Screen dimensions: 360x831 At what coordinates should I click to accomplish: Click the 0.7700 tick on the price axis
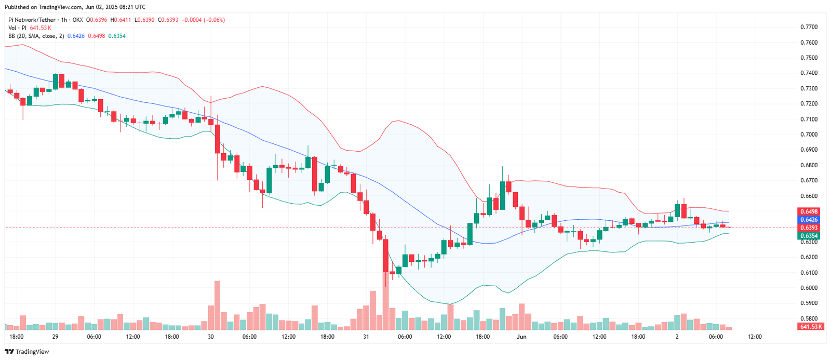(809, 27)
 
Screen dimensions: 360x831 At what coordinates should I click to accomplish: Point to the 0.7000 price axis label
(809, 135)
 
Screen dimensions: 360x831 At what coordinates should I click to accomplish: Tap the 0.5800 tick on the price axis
(809, 318)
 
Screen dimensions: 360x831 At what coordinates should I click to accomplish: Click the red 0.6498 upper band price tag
(809, 212)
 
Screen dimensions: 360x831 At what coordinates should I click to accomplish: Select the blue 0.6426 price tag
(809, 220)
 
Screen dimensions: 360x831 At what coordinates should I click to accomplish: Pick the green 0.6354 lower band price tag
(809, 236)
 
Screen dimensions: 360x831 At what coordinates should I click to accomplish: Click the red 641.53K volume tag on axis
(811, 327)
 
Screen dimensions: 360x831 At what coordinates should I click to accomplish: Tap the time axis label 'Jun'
(521, 337)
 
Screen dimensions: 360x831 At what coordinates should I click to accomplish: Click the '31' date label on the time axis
(366, 337)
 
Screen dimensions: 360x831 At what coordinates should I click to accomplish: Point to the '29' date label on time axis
(55, 337)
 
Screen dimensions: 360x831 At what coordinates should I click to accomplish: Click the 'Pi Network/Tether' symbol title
(31, 20)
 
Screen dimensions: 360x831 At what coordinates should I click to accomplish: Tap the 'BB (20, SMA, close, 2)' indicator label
(36, 36)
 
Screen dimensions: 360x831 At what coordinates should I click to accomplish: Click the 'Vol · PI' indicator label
(17, 28)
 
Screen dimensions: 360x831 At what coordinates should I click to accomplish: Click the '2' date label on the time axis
(677, 337)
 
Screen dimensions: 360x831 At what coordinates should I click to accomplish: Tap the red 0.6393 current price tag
(809, 228)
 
